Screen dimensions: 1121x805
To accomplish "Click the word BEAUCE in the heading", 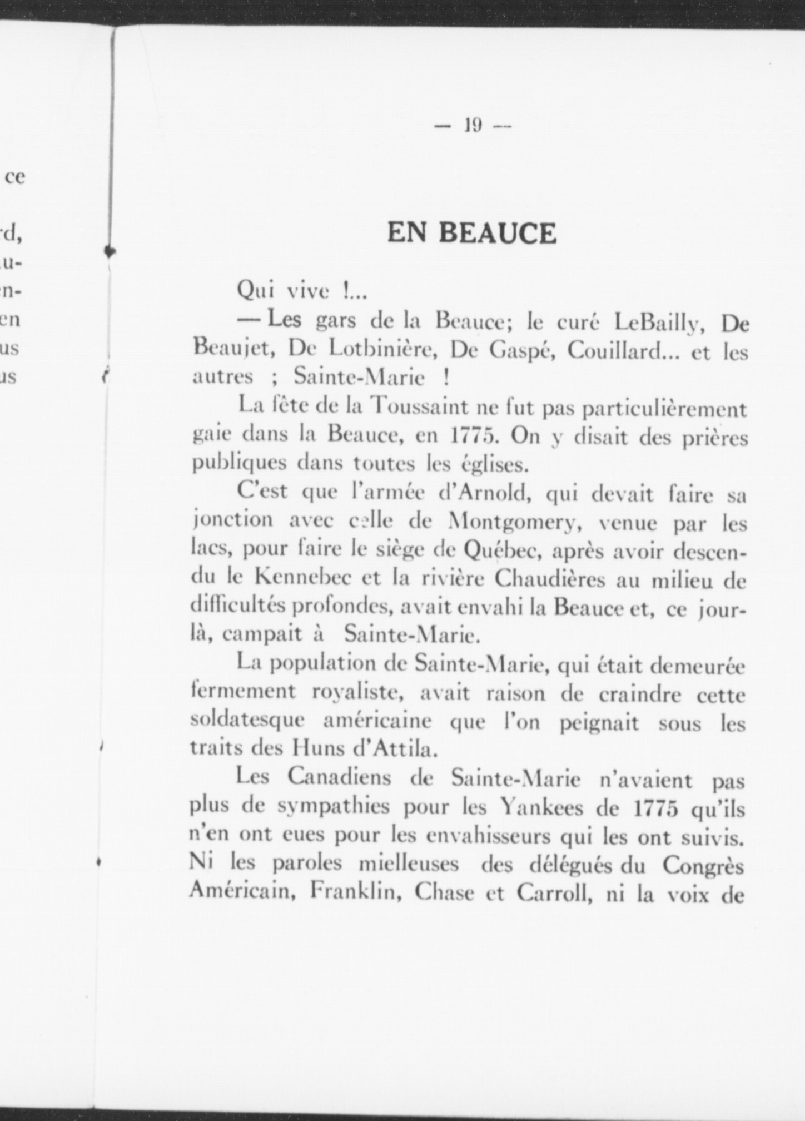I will [497, 233].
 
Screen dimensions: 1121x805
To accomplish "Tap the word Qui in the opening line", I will [254, 290].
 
